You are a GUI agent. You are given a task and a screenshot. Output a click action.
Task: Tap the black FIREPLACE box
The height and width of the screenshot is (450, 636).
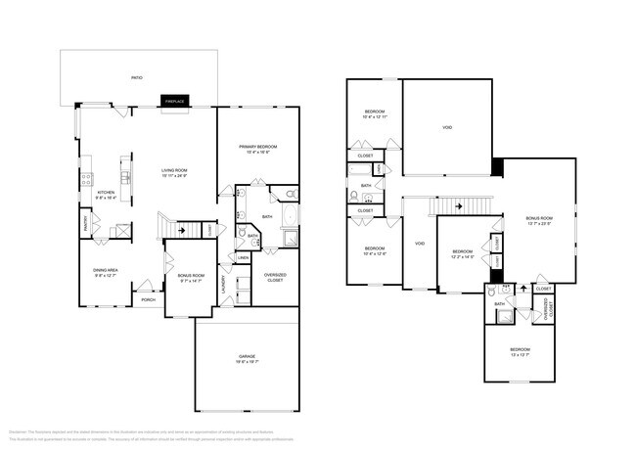175,101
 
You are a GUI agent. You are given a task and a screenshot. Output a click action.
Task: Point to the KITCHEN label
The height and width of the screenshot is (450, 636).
106,194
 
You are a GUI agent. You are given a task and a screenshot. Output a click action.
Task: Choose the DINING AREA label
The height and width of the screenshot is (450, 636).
105,271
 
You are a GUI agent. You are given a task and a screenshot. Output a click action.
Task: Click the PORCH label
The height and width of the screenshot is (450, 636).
148,299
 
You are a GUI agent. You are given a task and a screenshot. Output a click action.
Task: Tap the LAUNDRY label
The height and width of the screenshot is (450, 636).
224,285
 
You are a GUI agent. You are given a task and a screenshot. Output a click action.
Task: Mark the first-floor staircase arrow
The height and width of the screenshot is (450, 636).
181,231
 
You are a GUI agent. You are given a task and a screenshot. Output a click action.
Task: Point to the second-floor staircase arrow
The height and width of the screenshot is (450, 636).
455,206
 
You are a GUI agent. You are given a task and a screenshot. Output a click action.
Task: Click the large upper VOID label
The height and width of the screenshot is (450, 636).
447,127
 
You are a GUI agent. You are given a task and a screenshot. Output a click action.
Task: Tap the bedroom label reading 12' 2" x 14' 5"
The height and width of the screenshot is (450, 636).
462,254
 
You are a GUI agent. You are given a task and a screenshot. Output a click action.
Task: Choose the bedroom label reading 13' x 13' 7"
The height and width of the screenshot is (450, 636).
520,351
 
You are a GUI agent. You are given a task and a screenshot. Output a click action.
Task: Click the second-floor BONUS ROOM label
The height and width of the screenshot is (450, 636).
539,220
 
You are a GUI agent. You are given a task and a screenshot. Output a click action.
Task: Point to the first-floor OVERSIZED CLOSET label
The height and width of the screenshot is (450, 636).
275,277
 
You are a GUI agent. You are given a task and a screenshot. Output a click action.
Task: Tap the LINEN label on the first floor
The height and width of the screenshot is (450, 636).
243,257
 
